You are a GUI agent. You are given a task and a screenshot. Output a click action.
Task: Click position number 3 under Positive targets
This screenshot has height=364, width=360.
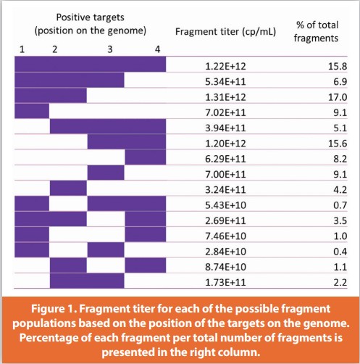109,49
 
